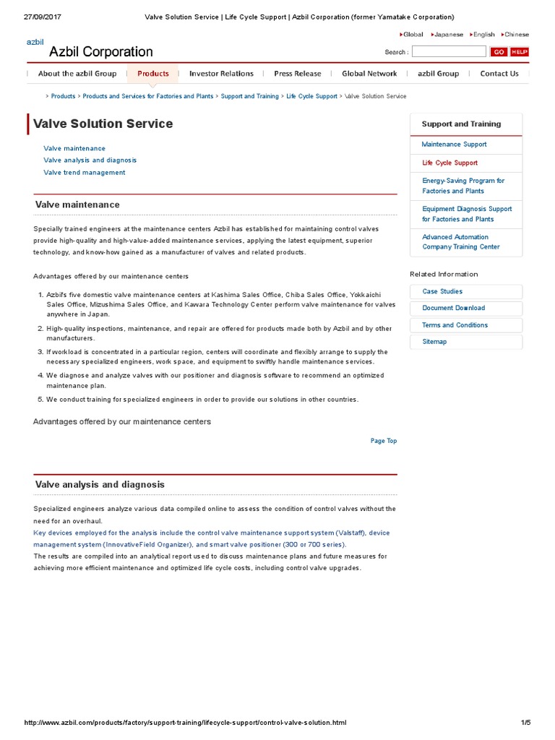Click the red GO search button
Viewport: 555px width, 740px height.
tap(499, 52)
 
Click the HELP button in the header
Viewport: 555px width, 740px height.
tap(520, 52)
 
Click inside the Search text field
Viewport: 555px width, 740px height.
tap(449, 52)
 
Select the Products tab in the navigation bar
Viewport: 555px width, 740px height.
tap(152, 74)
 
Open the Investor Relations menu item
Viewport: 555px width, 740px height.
tap(221, 74)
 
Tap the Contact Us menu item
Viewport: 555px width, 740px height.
tap(499, 74)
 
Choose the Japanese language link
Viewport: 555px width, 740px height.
tap(448, 34)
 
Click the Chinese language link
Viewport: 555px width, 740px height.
tap(516, 34)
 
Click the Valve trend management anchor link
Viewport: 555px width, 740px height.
tap(84, 173)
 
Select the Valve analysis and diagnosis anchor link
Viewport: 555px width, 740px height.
tap(90, 160)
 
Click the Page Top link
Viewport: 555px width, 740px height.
tap(383, 441)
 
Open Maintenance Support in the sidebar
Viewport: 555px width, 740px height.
tap(454, 145)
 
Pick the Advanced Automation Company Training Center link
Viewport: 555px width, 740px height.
tap(460, 242)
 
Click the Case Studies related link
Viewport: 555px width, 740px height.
tap(442, 291)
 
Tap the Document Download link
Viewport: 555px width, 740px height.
tap(453, 308)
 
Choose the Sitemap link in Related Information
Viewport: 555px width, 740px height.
tap(434, 342)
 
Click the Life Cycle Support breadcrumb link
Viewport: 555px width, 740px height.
tap(311, 96)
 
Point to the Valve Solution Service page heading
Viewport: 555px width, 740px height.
tap(103, 124)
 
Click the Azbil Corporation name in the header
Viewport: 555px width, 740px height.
tap(100, 52)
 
